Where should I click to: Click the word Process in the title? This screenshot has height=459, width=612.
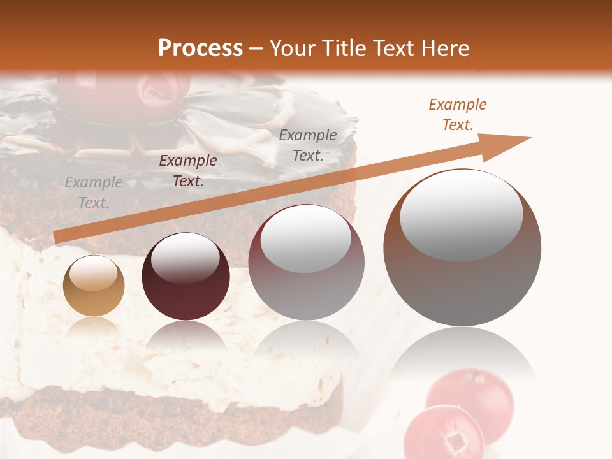[x=200, y=48]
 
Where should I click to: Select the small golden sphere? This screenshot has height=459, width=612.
[x=94, y=286]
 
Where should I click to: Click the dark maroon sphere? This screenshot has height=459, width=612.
[x=186, y=277]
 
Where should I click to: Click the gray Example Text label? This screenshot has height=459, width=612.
[x=94, y=193]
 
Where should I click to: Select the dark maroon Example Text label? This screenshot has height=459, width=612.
[x=188, y=171]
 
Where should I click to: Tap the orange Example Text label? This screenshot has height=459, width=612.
[x=458, y=115]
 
